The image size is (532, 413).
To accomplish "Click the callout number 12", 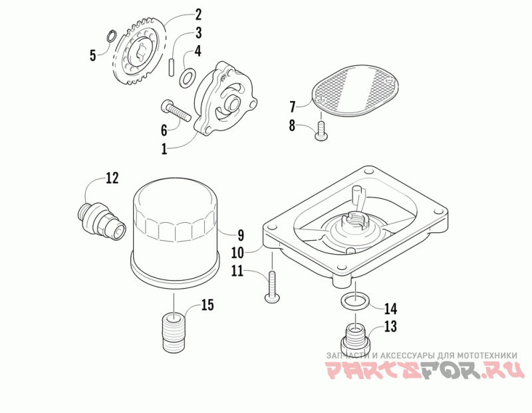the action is point(111,178).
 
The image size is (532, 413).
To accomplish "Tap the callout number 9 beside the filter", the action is point(240,234).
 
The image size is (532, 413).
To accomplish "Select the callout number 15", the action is point(207,305).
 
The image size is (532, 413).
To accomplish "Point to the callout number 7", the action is point(292,106).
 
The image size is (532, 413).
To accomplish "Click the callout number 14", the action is point(390,308).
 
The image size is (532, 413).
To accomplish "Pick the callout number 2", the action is point(198,15).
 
